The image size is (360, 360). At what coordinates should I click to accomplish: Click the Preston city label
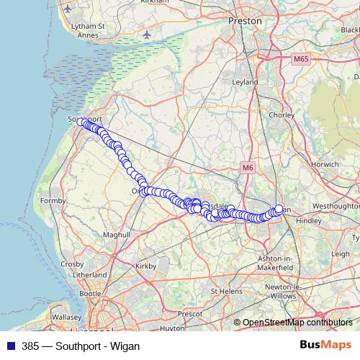[x=240, y=22]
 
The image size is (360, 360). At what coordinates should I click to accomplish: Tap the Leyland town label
[x=245, y=82]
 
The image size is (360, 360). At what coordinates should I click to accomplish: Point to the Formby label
[x=54, y=200]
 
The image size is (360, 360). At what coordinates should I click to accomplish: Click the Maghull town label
[x=115, y=235]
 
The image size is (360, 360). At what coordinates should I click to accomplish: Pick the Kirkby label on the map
[x=145, y=266]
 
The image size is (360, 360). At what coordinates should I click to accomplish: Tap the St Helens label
[x=225, y=291]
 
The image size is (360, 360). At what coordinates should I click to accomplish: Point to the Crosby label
[x=72, y=264]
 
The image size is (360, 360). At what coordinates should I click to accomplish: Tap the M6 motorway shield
[x=248, y=168]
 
